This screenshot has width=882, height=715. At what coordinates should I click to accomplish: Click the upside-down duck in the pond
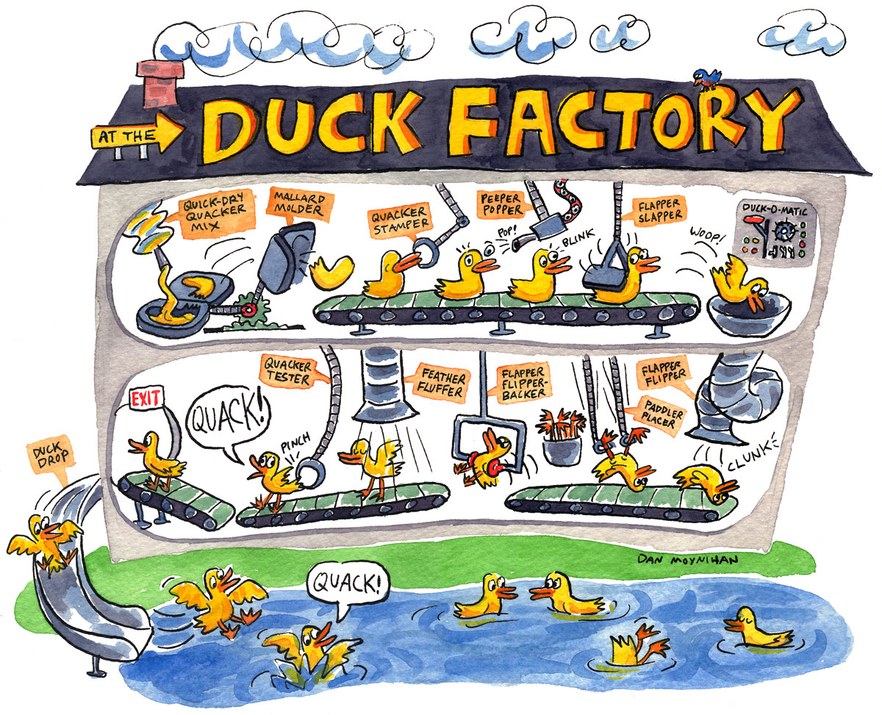point(637,646)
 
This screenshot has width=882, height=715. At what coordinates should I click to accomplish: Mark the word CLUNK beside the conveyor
point(752,462)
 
